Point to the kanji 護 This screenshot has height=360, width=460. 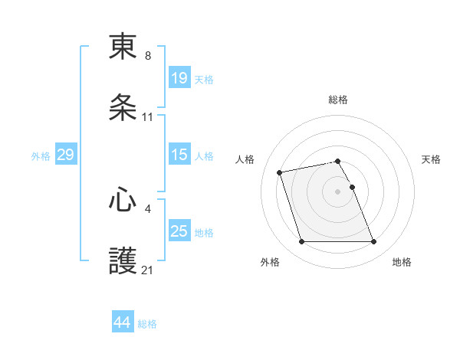click(x=123, y=261)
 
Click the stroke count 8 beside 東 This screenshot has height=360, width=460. click(x=148, y=55)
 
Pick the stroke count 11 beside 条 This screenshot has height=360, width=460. click(x=148, y=117)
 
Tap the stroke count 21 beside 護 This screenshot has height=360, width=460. click(x=148, y=270)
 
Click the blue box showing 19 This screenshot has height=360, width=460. click(x=179, y=78)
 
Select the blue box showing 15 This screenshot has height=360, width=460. click(x=179, y=155)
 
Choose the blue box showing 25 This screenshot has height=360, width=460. click(x=179, y=231)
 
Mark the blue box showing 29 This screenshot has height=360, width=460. click(x=65, y=155)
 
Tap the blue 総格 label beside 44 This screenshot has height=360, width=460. click(x=147, y=324)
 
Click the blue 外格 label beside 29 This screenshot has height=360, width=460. click(x=41, y=156)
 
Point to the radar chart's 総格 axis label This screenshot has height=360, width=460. click(x=338, y=100)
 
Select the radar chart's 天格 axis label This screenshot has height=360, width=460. click(x=432, y=159)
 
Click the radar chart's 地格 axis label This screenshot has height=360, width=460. click(x=402, y=262)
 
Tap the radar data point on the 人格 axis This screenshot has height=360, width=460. click(x=280, y=172)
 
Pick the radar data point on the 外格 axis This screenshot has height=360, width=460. click(x=301, y=242)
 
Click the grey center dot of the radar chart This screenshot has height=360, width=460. click(x=338, y=191)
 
